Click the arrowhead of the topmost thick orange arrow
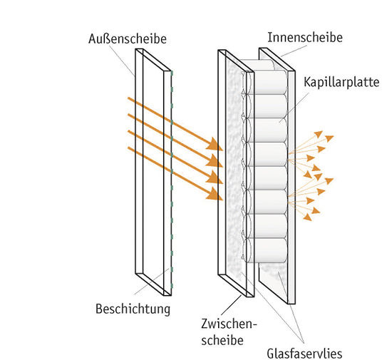pos(215,145)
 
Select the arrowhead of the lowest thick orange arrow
pos(215,193)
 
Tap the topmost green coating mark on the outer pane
pos(171,73)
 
